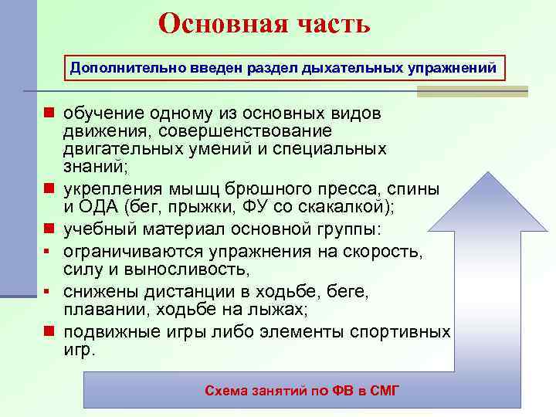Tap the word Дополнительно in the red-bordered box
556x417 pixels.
point(117,68)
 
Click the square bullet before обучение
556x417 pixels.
point(49,114)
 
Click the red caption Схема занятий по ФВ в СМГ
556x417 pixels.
point(302,391)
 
